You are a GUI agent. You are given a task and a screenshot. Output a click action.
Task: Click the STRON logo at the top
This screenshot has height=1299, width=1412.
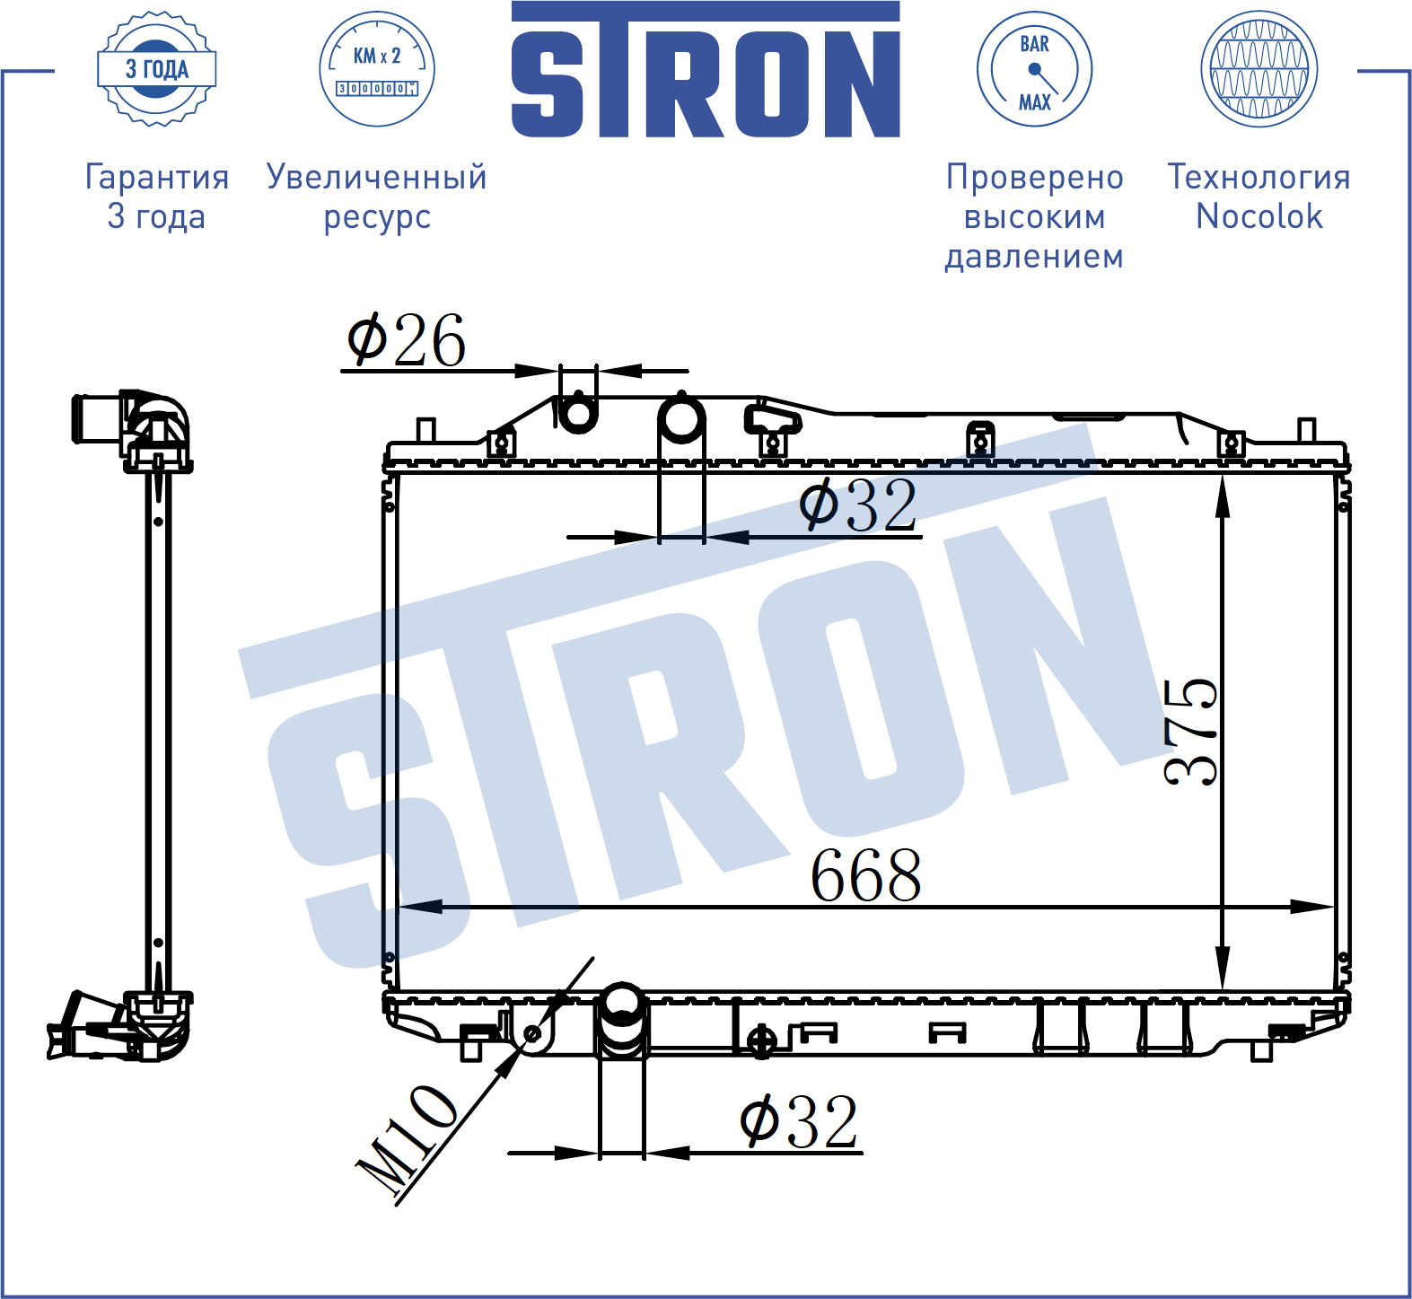(706, 70)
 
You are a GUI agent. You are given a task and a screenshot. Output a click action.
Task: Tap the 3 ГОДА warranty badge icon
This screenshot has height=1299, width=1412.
(157, 69)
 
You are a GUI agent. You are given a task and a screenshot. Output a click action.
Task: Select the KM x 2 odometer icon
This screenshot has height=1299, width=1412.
(377, 69)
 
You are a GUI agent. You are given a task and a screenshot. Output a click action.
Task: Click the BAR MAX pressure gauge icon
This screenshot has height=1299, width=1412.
(1034, 69)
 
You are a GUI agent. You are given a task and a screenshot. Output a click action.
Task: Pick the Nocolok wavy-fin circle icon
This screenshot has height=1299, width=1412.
(1259, 69)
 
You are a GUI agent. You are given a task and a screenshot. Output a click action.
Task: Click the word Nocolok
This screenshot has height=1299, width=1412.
(1259, 216)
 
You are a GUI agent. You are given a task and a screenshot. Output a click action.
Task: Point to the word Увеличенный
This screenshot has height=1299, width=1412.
(377, 177)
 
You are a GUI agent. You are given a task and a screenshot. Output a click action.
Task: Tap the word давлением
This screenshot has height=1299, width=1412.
(1034, 257)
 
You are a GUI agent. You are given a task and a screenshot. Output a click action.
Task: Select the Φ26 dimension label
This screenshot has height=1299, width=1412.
(407, 339)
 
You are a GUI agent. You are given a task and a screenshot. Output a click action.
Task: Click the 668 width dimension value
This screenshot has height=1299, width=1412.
(866, 875)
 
